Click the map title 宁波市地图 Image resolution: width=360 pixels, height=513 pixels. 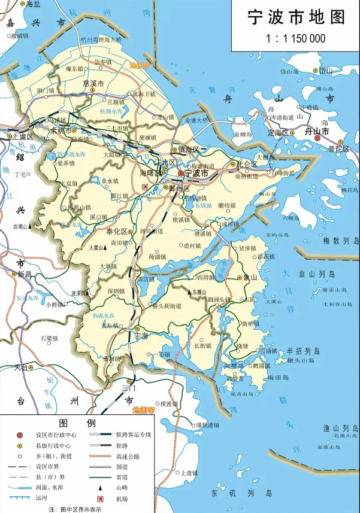[x=297, y=17]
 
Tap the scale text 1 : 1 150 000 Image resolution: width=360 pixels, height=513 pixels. [x=297, y=38]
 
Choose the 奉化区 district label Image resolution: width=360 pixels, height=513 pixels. [x=116, y=232]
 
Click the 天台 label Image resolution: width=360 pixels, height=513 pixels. [x=21, y=368]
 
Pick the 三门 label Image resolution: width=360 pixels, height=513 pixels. [x=129, y=388]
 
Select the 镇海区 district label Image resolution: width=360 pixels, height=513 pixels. [x=192, y=149]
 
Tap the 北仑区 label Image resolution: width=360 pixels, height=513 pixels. [x=246, y=163]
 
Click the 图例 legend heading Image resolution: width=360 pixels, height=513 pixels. [x=78, y=423]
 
